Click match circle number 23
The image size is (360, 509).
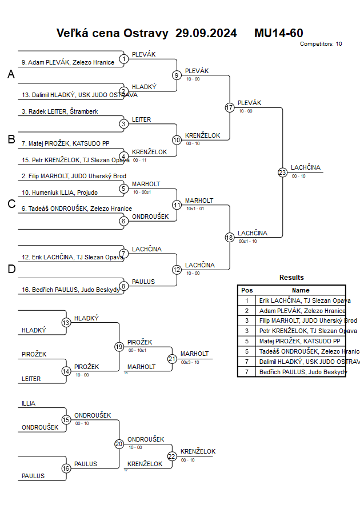click(282, 173)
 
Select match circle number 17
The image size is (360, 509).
click(230, 107)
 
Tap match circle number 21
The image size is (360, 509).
click(172, 359)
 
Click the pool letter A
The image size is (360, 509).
click(11, 74)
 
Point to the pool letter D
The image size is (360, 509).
click(11, 269)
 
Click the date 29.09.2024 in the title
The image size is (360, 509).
click(206, 33)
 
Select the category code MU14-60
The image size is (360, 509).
click(279, 33)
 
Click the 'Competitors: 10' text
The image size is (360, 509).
click(321, 43)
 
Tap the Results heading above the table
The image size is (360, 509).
click(291, 278)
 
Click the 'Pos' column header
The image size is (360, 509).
click(247, 290)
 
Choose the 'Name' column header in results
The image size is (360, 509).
click(301, 290)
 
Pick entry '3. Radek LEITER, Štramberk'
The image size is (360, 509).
click(59, 111)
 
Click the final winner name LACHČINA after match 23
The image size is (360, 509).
click(306, 167)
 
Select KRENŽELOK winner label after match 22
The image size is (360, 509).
click(198, 451)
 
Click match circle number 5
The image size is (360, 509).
click(123, 189)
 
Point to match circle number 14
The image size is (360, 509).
click(66, 371)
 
